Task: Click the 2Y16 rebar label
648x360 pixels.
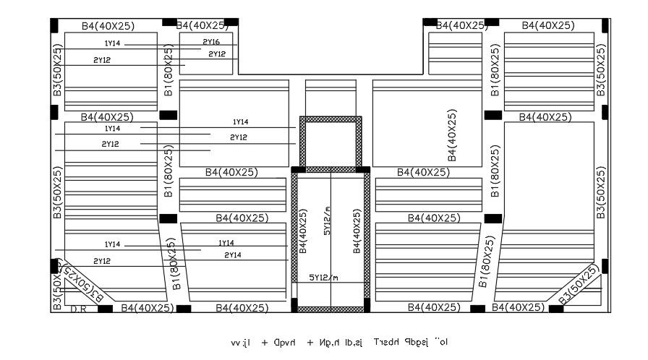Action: tap(212, 42)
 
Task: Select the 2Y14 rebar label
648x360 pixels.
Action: tap(232, 255)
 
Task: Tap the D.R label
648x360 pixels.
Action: tap(79, 309)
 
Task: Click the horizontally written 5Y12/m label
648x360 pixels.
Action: tap(323, 278)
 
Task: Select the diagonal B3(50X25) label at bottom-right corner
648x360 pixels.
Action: tap(579, 285)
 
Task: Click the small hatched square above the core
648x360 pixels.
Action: tap(331, 143)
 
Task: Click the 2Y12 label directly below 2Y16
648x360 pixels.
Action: tap(217, 54)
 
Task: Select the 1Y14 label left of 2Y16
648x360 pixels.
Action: tap(112, 44)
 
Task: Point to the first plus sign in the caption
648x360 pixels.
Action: tap(265, 340)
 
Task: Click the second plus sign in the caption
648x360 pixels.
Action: tap(310, 340)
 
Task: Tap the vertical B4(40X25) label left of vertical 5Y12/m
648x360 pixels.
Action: tap(303, 232)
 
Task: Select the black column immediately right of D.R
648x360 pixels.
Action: tap(105, 309)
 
